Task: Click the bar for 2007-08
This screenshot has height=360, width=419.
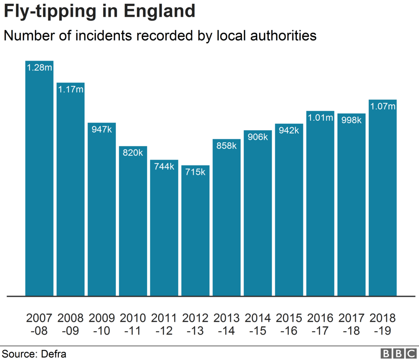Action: point(39,180)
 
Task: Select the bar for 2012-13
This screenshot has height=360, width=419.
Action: point(195,232)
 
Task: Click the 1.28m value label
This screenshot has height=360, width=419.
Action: point(39,67)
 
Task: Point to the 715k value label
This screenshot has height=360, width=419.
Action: point(195,172)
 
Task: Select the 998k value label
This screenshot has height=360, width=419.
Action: point(351,120)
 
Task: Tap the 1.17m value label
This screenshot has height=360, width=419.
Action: point(71,89)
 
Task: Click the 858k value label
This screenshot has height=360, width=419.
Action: point(227,146)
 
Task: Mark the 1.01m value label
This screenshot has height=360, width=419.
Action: point(320,118)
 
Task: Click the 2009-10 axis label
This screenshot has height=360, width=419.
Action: point(102,324)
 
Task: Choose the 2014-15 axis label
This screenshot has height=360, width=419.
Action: point(258,324)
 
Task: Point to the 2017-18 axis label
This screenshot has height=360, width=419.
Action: point(351,324)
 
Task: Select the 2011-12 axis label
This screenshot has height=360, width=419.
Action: point(164,324)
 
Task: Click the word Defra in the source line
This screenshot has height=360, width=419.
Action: point(54,354)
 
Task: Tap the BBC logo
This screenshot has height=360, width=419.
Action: point(398,353)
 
